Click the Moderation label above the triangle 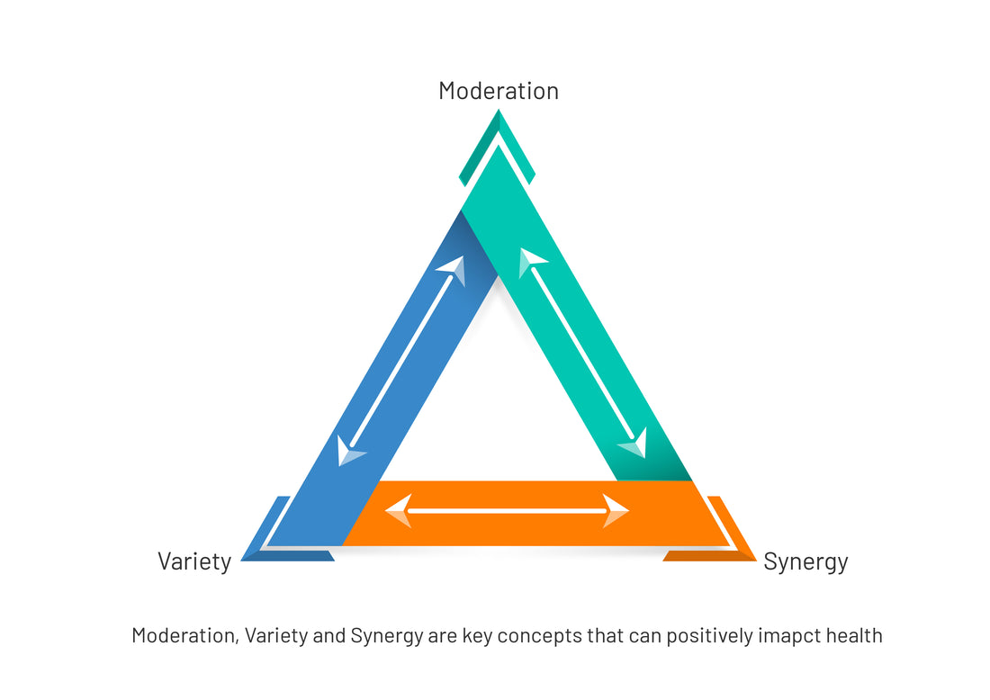click(x=498, y=91)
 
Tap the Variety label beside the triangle click(x=194, y=561)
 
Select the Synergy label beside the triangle click(x=805, y=561)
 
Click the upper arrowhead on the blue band click(x=454, y=268)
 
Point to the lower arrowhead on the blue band click(x=348, y=451)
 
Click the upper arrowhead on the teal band click(x=530, y=262)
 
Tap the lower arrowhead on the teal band click(x=634, y=444)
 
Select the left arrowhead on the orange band click(x=398, y=511)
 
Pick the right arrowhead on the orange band click(x=616, y=511)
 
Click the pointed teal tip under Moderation click(x=498, y=135)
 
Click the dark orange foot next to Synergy click(x=709, y=555)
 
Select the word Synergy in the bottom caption click(x=387, y=635)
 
